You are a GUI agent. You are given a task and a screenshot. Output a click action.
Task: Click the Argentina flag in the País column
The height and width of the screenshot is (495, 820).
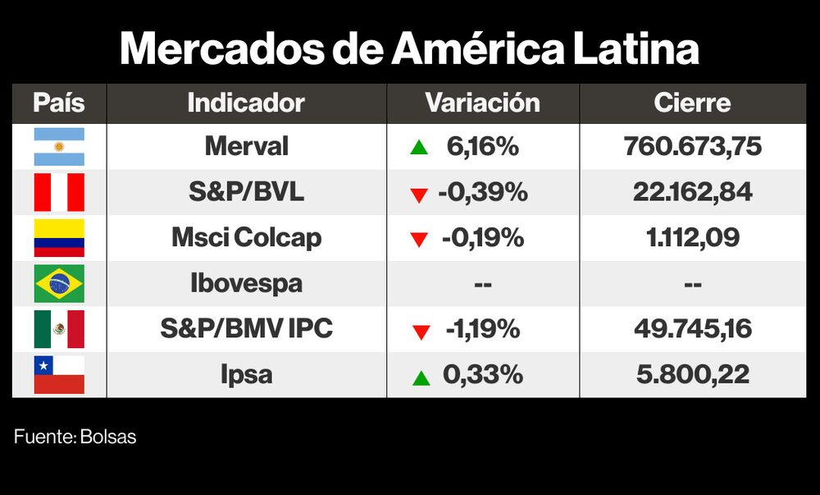coord(59,147)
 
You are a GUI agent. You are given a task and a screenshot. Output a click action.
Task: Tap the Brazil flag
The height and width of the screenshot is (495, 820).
coord(59,284)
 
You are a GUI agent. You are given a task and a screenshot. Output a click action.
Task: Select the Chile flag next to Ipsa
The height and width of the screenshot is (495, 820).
coord(59,375)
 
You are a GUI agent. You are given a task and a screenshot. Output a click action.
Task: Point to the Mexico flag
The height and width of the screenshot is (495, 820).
coord(59,329)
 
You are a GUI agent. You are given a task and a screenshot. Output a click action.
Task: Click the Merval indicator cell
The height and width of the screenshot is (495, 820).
coord(246,147)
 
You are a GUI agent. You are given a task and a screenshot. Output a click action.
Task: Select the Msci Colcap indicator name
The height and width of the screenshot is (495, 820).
coord(246,238)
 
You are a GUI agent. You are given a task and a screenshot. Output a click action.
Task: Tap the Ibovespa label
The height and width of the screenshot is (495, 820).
coord(246,284)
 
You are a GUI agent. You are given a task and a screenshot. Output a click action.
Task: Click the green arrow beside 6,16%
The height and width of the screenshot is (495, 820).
coord(419,149)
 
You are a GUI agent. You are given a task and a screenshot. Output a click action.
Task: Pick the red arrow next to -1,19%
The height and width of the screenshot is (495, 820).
coord(421,332)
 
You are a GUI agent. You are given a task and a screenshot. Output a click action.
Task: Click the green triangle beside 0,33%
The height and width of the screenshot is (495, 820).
coord(421,378)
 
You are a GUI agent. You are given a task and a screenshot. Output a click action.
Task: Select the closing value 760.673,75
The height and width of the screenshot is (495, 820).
coord(692,147)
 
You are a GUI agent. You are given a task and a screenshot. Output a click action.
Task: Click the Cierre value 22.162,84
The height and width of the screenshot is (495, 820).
coord(692,193)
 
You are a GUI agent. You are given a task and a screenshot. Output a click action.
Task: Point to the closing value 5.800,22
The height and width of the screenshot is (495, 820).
coord(692,375)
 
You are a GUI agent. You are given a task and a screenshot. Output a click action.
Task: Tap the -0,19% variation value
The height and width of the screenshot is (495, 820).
coord(482,238)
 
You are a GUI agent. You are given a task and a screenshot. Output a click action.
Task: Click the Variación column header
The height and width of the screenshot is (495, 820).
coord(482,103)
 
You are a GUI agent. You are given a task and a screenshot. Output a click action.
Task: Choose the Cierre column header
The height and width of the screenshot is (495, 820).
coord(692,103)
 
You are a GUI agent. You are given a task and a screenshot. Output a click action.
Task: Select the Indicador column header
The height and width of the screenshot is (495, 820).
coord(246,103)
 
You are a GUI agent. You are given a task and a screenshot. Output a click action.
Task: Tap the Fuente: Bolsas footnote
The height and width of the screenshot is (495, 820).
coord(75,437)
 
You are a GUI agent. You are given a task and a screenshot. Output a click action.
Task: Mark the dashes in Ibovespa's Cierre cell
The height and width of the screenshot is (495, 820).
coord(692,285)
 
